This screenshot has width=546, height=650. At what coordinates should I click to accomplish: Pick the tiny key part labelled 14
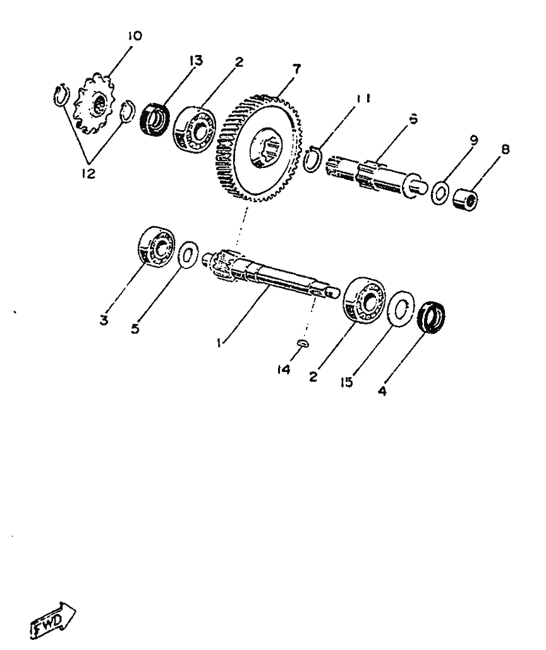(302, 344)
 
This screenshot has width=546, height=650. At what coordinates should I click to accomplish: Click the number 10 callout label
(134, 37)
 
